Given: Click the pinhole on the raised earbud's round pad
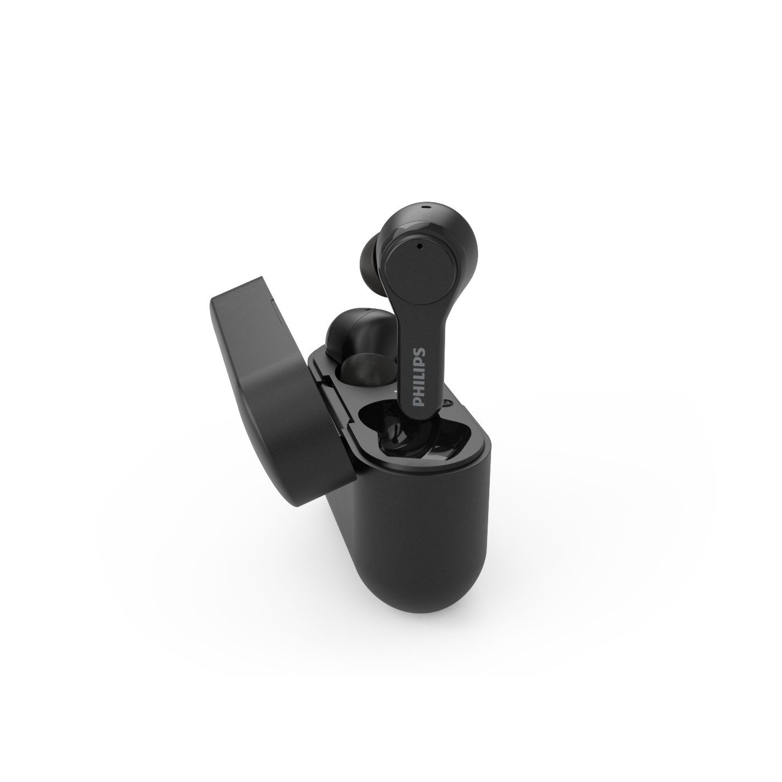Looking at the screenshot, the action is (419, 246).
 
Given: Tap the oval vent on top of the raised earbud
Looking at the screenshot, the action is (426, 206).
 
